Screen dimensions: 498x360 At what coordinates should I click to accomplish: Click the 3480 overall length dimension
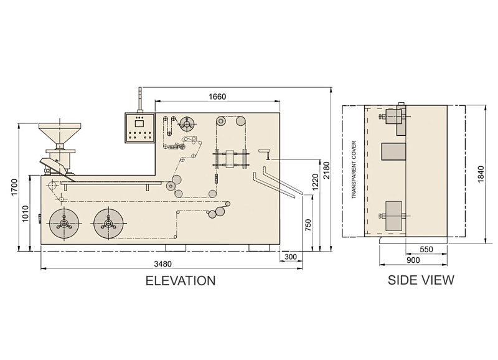click(162, 263)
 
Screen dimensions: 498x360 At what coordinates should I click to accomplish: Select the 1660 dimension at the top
click(217, 97)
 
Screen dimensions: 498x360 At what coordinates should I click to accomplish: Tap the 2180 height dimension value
click(327, 170)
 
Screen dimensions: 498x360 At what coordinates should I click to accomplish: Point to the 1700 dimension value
click(14, 187)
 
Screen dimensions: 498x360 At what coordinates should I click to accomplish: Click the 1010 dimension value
click(26, 213)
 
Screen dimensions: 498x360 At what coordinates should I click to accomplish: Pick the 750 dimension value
click(308, 225)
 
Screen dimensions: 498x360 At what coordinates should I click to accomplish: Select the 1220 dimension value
click(316, 182)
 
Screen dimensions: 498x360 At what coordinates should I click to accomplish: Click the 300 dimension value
click(291, 257)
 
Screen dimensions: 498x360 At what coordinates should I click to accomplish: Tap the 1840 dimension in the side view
click(481, 174)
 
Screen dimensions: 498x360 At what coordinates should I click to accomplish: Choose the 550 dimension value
click(426, 249)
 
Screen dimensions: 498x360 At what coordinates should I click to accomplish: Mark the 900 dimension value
click(413, 260)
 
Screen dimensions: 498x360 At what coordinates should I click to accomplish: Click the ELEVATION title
click(181, 281)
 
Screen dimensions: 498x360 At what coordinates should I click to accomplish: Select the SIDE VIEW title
click(421, 280)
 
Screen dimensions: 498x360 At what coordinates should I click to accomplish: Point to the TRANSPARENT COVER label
click(354, 170)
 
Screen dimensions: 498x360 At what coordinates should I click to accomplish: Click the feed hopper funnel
click(60, 133)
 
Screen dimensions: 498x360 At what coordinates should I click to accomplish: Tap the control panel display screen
click(139, 123)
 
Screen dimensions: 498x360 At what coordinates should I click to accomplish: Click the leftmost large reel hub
click(64, 224)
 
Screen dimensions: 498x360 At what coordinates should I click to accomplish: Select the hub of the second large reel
click(108, 224)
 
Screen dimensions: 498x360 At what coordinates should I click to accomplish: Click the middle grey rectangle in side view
click(394, 151)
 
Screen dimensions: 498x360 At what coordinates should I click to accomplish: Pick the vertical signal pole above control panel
click(139, 100)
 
